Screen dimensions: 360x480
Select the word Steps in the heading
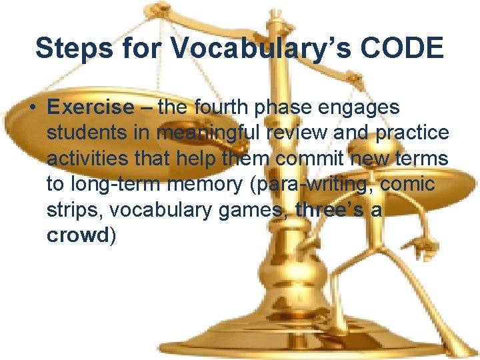pyautogui.click(x=71, y=49)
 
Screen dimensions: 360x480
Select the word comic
pyautogui.click(x=416, y=184)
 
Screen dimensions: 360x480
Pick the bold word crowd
pyautogui.click(x=77, y=235)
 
